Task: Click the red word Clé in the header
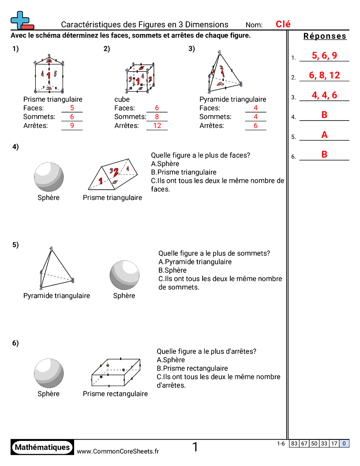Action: click(283, 24)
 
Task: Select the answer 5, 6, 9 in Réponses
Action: click(324, 56)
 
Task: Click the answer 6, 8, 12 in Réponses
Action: click(324, 75)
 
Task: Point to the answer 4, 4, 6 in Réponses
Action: click(324, 95)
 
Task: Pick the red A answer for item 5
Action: click(324, 135)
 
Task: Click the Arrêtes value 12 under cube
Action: click(157, 126)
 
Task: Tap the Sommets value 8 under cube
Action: click(157, 117)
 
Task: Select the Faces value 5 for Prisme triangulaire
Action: click(72, 108)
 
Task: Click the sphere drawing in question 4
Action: click(49, 177)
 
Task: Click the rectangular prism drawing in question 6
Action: click(116, 372)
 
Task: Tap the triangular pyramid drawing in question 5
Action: click(55, 269)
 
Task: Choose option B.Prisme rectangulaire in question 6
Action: click(192, 368)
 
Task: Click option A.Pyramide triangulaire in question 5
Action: click(195, 262)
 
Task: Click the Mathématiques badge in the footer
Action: click(42, 447)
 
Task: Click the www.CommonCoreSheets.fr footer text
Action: click(118, 451)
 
